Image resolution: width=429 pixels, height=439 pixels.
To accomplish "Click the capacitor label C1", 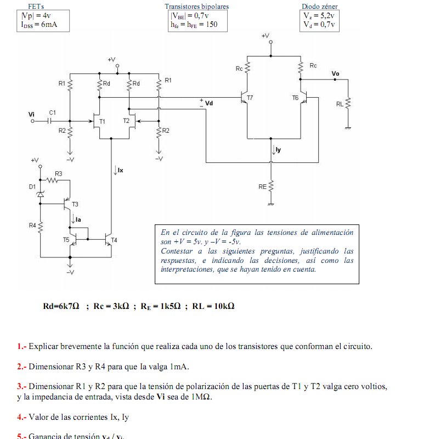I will (52, 112).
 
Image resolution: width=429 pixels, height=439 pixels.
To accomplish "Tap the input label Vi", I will (31, 114).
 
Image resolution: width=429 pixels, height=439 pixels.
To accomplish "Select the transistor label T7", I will (250, 97).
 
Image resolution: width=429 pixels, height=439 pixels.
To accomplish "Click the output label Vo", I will (335, 74).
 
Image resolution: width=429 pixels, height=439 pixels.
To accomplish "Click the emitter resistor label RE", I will (262, 187).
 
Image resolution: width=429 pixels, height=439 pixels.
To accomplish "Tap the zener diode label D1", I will (32, 187).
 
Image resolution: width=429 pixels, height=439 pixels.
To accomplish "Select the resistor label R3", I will (59, 173).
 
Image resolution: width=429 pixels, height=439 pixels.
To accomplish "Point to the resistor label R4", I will (32, 225).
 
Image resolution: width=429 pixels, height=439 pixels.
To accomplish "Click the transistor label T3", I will (75, 204).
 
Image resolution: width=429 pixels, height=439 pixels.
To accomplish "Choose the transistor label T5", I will (66, 240).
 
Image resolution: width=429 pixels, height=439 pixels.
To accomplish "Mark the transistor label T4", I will (114, 240).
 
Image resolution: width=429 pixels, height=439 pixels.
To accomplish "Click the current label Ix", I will (120, 171).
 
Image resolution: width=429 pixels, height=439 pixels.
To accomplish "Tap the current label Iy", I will (278, 149).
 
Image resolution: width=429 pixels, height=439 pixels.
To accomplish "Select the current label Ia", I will (78, 219).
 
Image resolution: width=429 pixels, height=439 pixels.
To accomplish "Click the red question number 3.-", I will (21, 386).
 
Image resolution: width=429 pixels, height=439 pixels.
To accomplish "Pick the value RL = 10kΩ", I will (213, 306).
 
